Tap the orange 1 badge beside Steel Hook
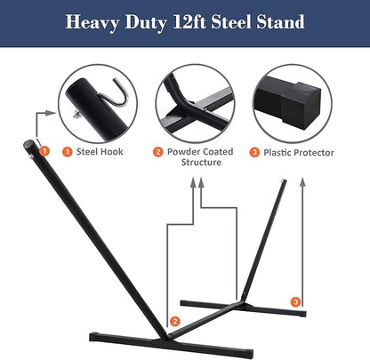[x=67, y=152]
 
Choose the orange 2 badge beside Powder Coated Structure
[x=158, y=152]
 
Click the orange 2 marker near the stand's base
[x=174, y=320]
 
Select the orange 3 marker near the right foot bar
[x=295, y=302]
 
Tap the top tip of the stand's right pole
[x=284, y=183]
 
